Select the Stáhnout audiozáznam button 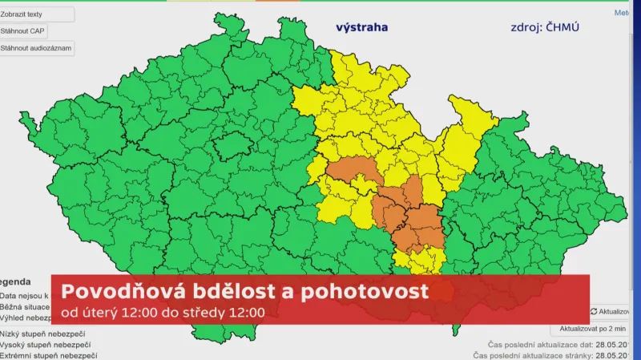point(36,48)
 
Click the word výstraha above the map point(361,27)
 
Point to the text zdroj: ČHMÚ point(545,27)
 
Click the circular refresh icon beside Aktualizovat point(594,311)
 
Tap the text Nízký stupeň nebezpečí point(42,334)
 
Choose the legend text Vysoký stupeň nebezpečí point(44,344)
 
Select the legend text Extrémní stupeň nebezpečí point(48,354)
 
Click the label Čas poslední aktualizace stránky point(533,354)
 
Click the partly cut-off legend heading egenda point(16,282)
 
